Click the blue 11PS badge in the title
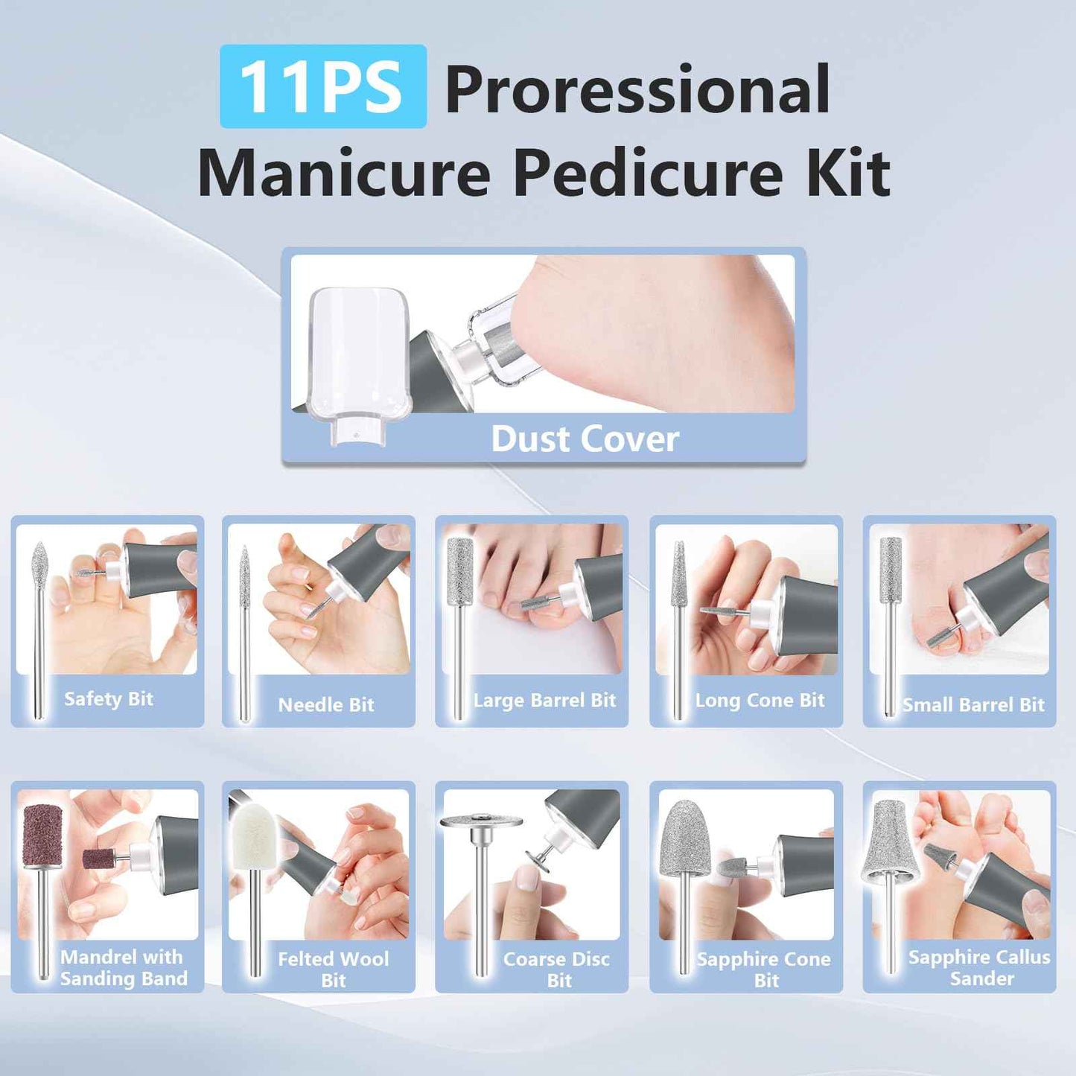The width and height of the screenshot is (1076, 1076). (x=322, y=87)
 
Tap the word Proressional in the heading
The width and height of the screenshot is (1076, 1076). (x=637, y=89)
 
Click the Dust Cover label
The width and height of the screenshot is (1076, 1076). (x=585, y=439)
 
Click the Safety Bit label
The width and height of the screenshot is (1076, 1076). (x=109, y=699)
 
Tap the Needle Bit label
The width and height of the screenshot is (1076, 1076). (x=326, y=704)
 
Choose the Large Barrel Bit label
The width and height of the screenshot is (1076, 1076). (x=544, y=700)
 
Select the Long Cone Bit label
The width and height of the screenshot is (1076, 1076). (x=760, y=700)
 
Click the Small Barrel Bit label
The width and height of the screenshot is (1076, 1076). (x=973, y=704)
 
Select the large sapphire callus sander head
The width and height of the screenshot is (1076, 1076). (x=889, y=842)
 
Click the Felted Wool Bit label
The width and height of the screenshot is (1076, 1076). (x=333, y=969)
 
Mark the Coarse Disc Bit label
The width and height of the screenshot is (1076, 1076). (x=557, y=969)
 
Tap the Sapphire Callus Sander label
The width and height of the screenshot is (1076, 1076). (x=980, y=967)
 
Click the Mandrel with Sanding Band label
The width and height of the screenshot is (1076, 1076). (x=123, y=967)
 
